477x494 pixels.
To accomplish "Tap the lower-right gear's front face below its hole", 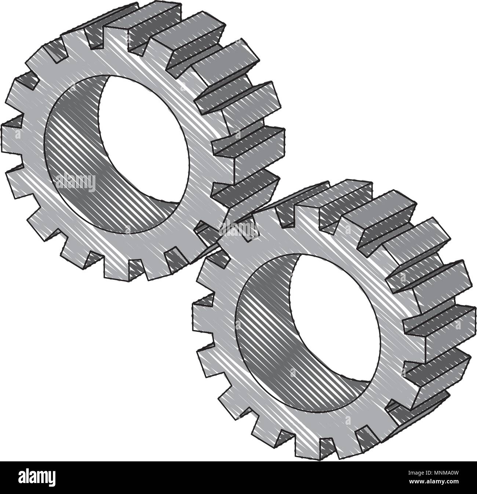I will tap(312, 422).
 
